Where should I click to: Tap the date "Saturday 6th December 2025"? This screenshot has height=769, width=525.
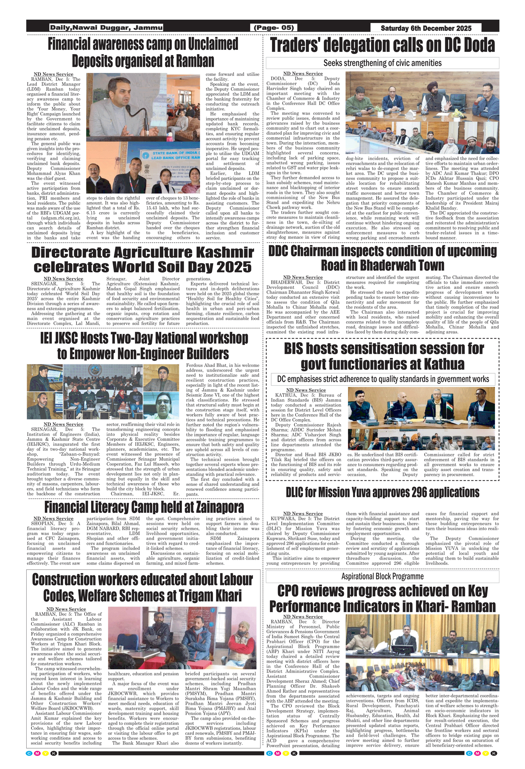click(426, 28)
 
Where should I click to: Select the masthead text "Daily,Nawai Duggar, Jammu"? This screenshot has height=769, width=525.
click(106, 28)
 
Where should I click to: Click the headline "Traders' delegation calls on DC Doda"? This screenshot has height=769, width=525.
click(383, 45)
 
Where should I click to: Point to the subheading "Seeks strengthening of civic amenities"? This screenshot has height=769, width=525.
click(382, 63)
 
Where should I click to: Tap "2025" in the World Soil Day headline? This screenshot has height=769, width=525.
click(234, 267)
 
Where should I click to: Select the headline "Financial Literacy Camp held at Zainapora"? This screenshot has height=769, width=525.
click(144, 507)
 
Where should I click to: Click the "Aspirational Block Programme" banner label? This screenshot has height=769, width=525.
click(382, 576)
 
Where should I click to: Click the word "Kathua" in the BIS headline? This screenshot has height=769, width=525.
click(444, 364)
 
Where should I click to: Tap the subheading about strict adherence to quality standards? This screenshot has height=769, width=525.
click(383, 379)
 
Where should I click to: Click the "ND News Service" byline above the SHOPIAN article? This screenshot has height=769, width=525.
click(54, 519)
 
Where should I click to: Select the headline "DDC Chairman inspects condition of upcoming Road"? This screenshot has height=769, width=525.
click(382, 258)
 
